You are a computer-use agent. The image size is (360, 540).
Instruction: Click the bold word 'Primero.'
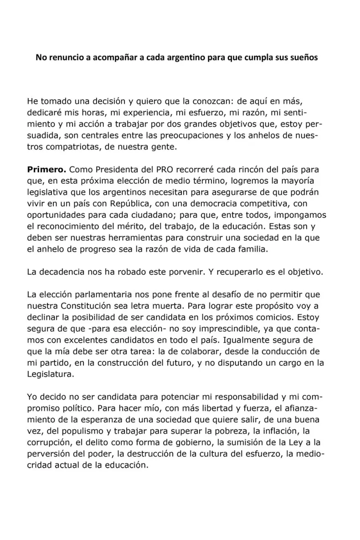tap(46, 169)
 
